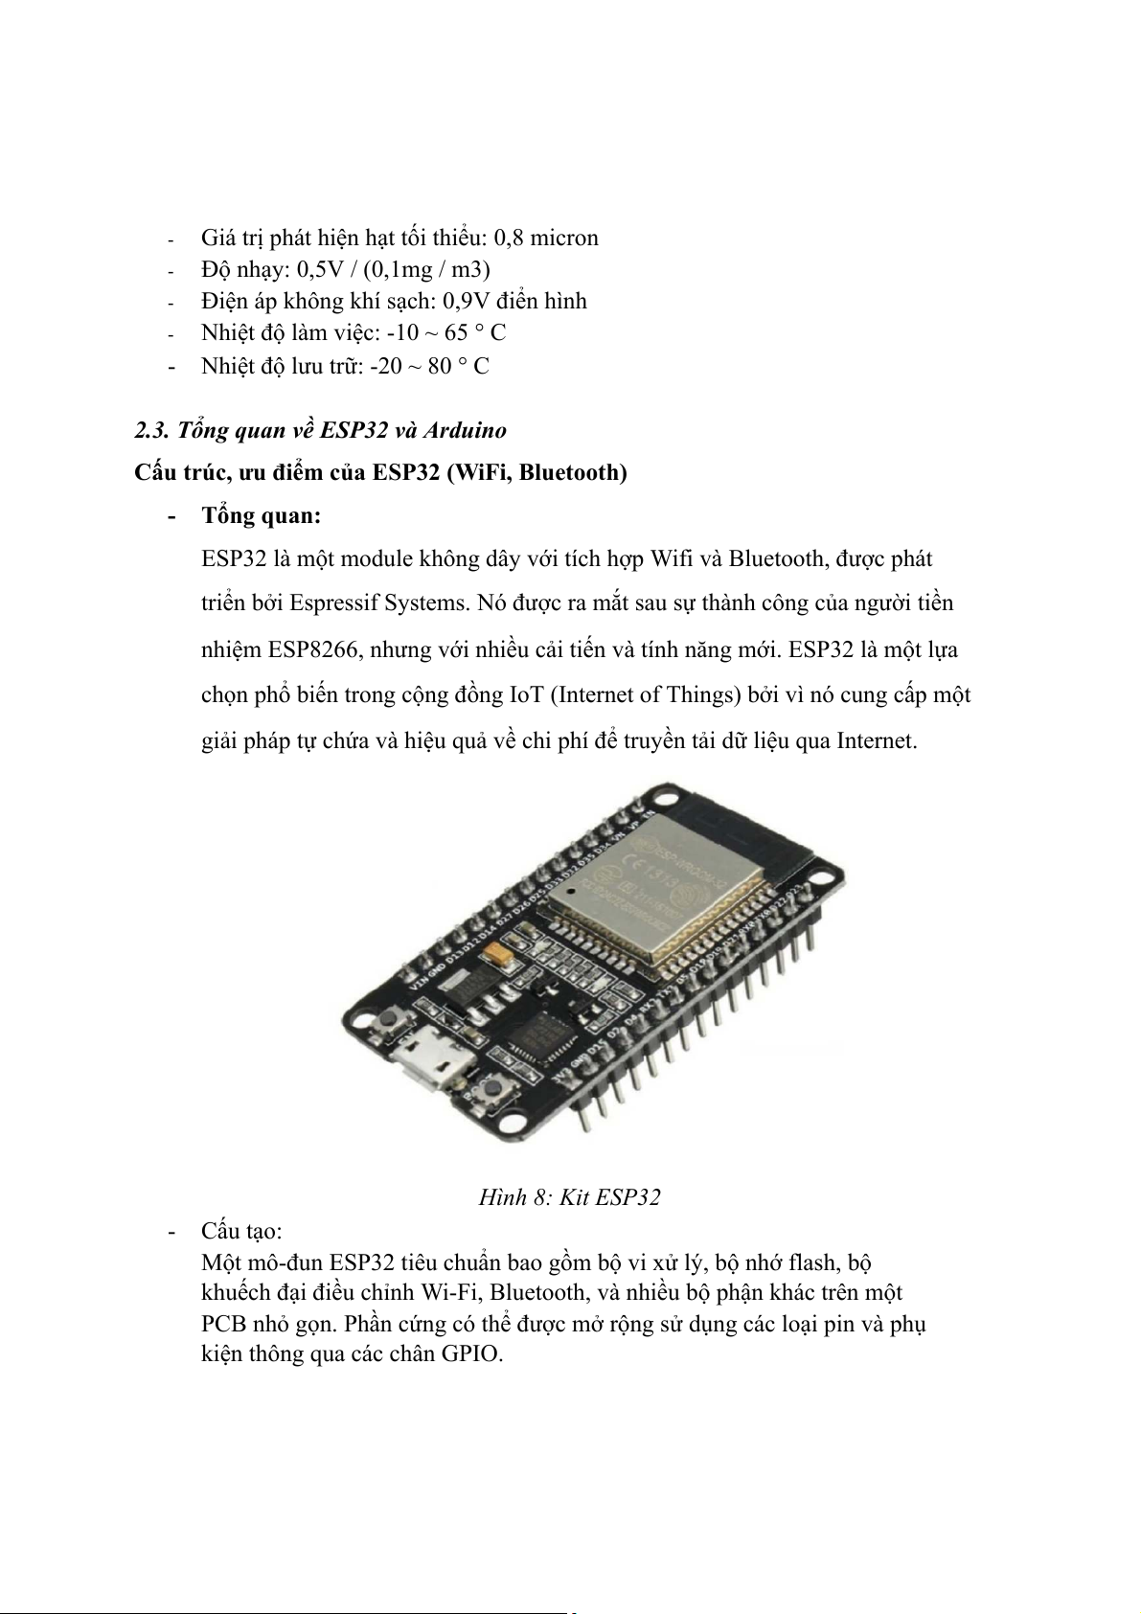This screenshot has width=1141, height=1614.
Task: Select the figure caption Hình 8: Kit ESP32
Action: [x=570, y=1197]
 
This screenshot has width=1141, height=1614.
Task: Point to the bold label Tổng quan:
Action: [x=261, y=515]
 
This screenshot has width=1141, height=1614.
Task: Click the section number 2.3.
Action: [x=153, y=430]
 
